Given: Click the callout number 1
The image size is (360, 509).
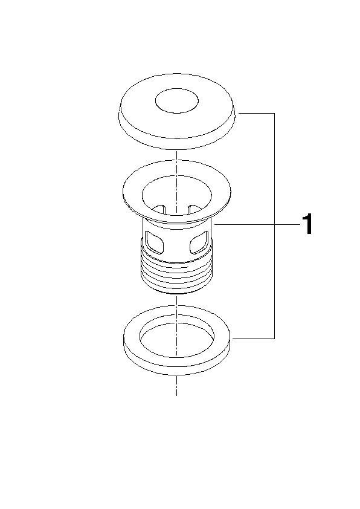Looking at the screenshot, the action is [x=307, y=224].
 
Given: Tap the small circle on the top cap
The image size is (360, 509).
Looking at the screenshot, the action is [x=177, y=102].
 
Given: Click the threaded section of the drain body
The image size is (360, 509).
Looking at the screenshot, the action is [x=177, y=273].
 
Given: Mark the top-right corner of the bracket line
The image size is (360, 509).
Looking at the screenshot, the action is [x=275, y=113].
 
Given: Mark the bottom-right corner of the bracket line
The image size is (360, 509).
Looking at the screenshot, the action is [x=275, y=339].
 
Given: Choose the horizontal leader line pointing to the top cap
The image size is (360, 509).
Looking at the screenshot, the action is [x=257, y=113].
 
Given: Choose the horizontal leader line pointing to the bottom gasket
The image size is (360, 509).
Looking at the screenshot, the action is [x=254, y=339].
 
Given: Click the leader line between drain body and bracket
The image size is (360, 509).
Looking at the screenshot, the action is [x=245, y=224].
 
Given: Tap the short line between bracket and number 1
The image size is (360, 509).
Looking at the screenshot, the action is [x=287, y=224].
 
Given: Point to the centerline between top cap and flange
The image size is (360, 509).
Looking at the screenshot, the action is [x=177, y=155].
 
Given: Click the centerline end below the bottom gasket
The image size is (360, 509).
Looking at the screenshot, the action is [x=177, y=395].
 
